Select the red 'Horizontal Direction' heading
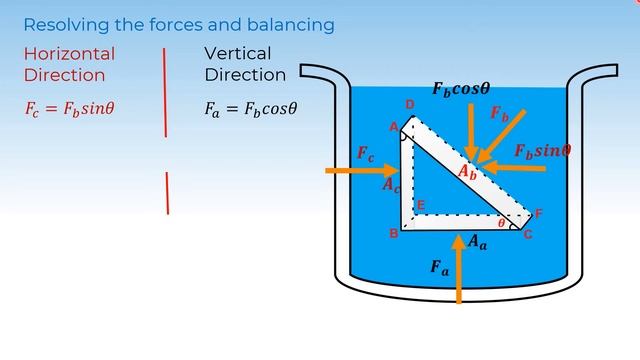tap(69, 64)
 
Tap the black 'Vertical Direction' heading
tap(245, 64)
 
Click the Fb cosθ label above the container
tap(461, 88)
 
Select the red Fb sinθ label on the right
tap(542, 151)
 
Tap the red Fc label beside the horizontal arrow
tap(366, 154)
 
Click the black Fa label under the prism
tap(439, 267)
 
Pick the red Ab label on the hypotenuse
tap(467, 172)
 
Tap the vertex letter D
tap(409, 105)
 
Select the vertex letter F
tap(539, 214)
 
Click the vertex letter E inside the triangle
tap(420, 205)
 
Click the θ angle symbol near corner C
tap(501, 223)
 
